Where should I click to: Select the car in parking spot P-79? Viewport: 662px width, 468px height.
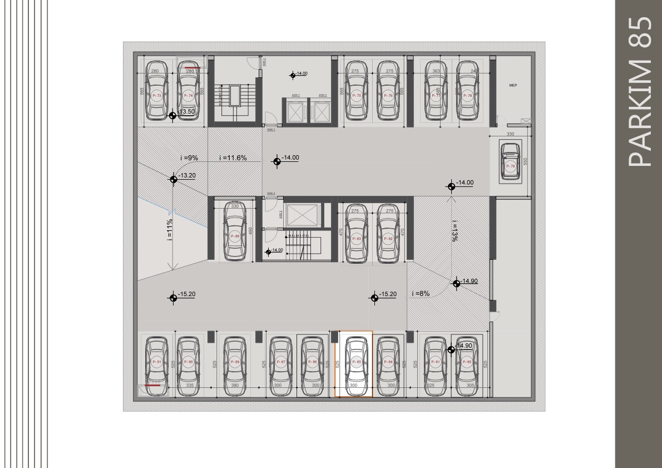coord(510,161)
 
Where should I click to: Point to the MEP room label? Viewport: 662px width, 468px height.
coord(513,86)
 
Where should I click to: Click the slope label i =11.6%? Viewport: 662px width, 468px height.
coord(233,158)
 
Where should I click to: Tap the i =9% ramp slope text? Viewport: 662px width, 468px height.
coord(189,158)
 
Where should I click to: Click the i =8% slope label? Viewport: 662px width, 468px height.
coord(421,294)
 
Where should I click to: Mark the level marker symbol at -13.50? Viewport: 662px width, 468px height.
coord(173,116)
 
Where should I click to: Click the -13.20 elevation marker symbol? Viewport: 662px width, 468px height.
coord(173,179)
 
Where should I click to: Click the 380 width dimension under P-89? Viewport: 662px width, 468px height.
coord(235,385)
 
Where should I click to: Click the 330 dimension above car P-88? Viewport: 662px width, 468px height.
coord(235,206)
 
